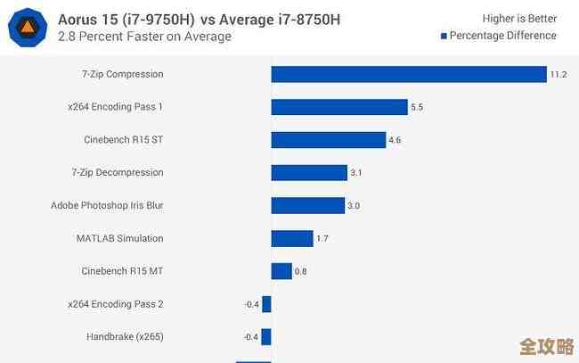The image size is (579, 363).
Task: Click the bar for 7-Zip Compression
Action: click(x=409, y=74)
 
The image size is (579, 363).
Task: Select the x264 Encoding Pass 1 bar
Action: click(x=339, y=107)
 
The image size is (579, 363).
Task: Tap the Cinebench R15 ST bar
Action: click(x=329, y=140)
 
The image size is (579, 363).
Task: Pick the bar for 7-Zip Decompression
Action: click(x=309, y=172)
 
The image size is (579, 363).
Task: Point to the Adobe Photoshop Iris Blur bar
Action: click(x=308, y=205)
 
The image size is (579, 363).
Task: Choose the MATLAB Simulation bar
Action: click(x=292, y=238)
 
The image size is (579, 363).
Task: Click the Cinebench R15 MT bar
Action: click(x=281, y=271)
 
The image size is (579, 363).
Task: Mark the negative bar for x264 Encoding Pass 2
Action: click(x=266, y=304)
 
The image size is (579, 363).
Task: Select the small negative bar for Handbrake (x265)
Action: click(x=266, y=337)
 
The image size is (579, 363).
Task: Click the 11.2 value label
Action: click(x=559, y=74)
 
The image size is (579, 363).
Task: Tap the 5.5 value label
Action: click(x=416, y=107)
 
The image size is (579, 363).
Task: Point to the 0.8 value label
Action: click(x=301, y=271)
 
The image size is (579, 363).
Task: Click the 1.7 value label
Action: click(x=322, y=238)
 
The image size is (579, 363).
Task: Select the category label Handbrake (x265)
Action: click(x=125, y=337)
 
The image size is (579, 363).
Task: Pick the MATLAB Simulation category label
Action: click(x=120, y=238)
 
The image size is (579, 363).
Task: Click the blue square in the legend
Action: click(x=444, y=36)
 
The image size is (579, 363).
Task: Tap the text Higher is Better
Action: click(x=519, y=18)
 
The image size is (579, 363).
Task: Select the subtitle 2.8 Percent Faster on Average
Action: click(x=144, y=37)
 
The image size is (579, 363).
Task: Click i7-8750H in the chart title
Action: click(x=298, y=18)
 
